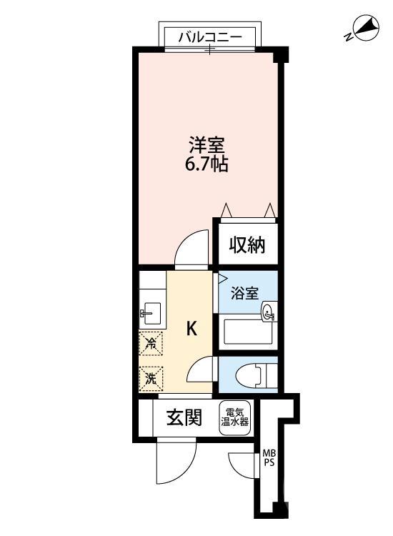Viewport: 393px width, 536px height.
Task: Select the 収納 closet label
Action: coord(247,246)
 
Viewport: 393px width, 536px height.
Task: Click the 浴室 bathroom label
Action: coord(244,292)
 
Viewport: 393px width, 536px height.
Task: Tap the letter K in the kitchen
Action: coord(191,329)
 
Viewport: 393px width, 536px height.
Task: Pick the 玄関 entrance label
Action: coord(184,417)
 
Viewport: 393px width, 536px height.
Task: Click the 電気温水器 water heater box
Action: coord(234,417)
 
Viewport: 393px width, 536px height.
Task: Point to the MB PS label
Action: coord(268,457)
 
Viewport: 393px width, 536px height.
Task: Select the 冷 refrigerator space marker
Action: coord(151,344)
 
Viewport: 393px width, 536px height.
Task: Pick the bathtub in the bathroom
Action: coord(247,333)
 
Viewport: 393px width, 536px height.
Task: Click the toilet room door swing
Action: coord(202,369)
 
